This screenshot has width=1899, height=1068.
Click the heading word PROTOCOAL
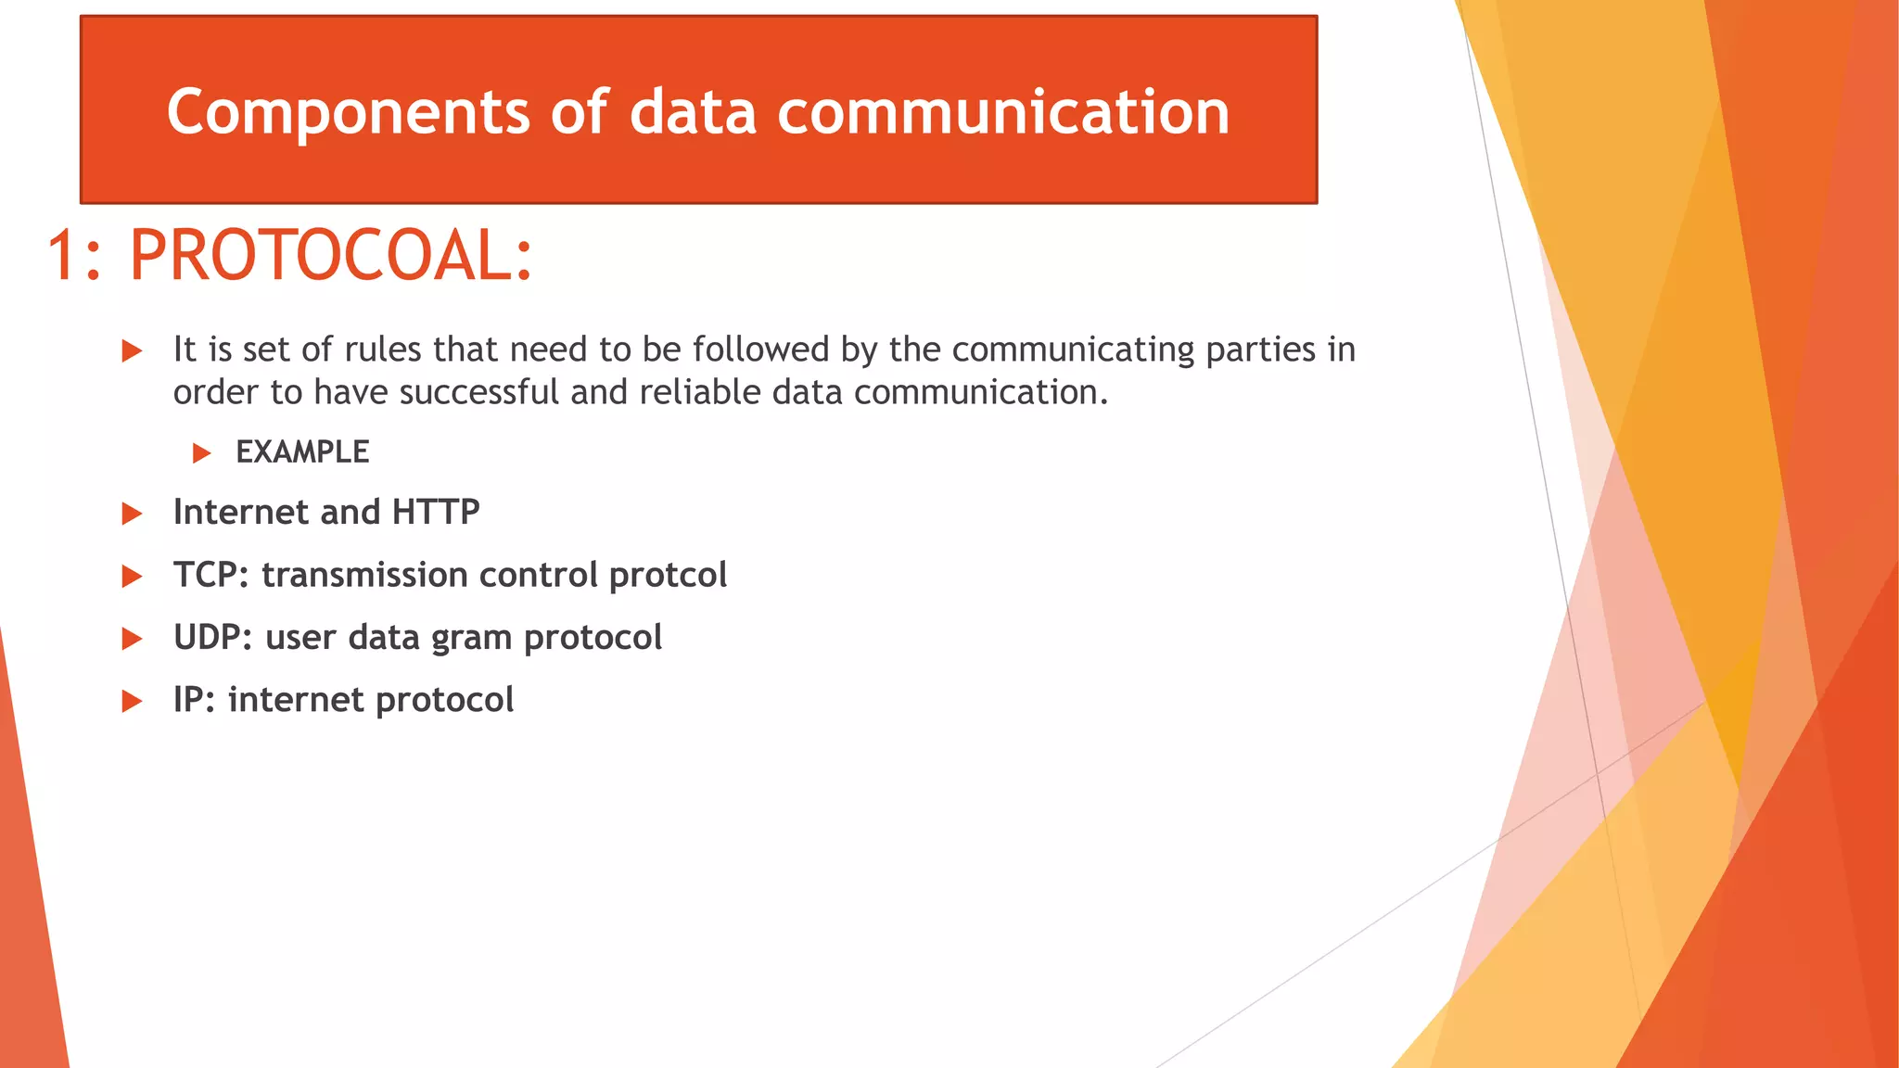point(330,256)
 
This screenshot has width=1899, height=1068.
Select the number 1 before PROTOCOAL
point(63,256)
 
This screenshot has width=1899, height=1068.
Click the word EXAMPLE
point(302,452)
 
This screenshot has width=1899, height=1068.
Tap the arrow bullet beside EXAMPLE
point(201,453)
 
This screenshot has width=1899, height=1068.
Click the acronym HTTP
point(436,512)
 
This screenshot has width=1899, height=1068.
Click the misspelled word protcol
point(668,576)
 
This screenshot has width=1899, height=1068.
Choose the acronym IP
point(193,700)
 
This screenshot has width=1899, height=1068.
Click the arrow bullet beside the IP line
point(133,701)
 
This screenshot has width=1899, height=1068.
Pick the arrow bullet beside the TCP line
point(133,576)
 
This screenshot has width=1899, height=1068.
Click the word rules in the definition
point(383,350)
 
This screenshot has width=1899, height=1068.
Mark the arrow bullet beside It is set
point(133,350)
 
